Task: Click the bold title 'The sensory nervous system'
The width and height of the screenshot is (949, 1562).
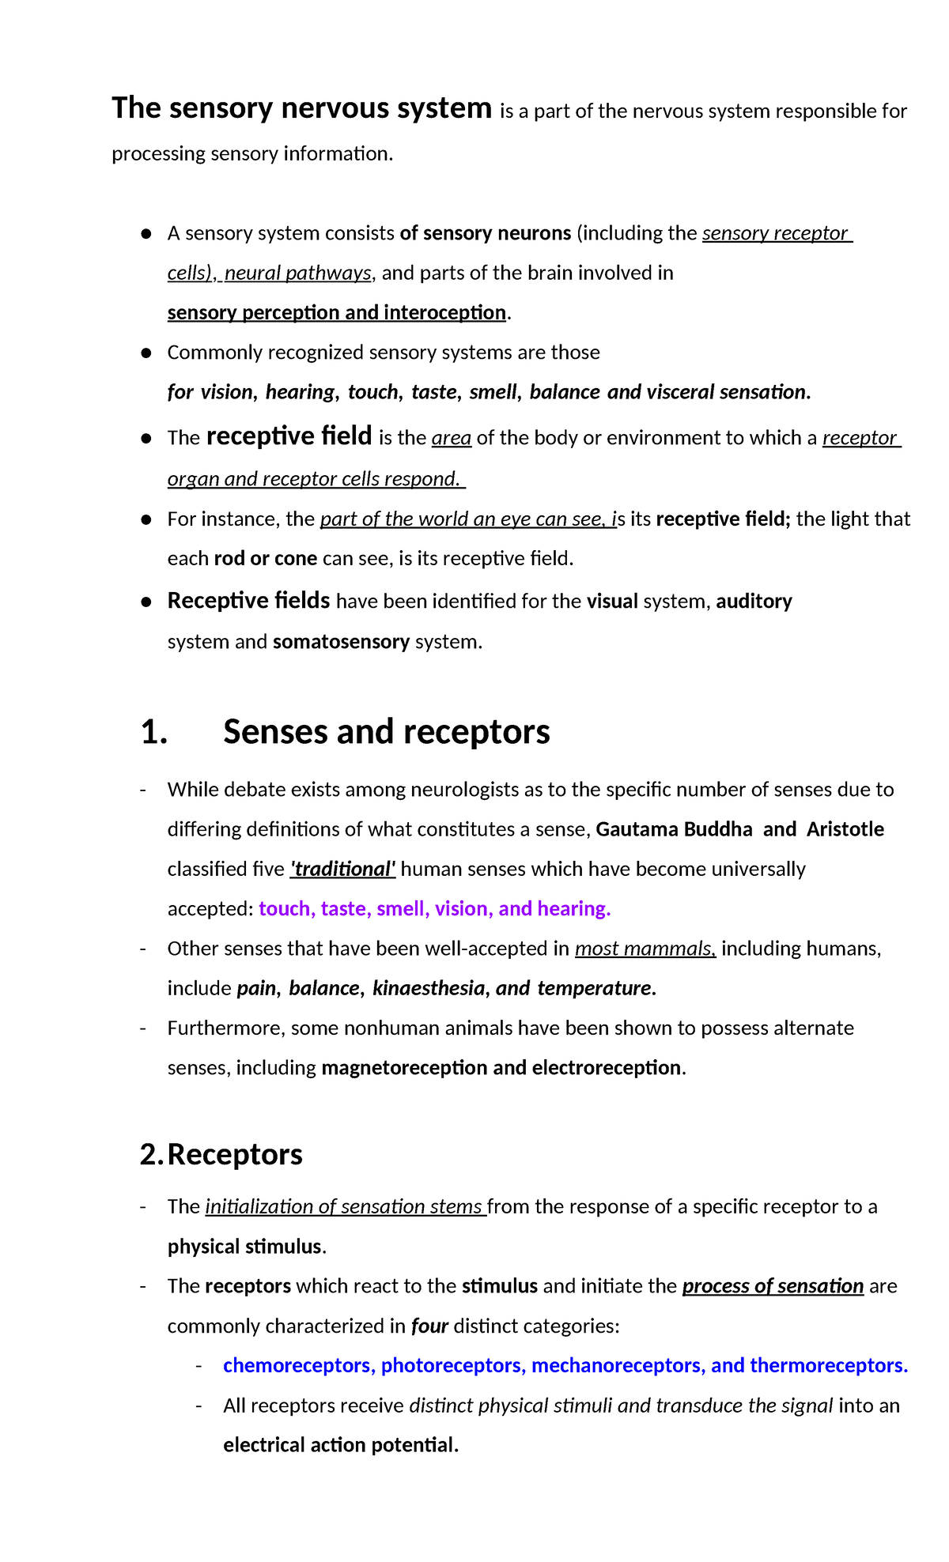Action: (301, 108)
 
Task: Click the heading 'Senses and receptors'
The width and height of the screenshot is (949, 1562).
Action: (386, 732)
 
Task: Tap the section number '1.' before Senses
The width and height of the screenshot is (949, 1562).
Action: (154, 733)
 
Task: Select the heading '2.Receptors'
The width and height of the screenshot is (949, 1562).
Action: (221, 1155)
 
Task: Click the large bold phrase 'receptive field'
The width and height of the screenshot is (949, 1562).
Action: (289, 436)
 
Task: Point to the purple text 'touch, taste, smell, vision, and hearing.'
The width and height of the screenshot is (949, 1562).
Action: (434, 909)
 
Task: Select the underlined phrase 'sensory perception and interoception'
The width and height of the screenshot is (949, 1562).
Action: (336, 313)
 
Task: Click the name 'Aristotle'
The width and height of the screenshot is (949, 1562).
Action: (845, 829)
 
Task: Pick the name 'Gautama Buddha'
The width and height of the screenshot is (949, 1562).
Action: (674, 829)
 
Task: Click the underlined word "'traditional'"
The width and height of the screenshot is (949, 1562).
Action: (342, 870)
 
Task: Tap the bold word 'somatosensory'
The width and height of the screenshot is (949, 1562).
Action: (341, 642)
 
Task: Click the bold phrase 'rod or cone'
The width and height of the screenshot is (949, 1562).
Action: (265, 559)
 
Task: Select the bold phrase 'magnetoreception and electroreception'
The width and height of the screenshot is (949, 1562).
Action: (501, 1068)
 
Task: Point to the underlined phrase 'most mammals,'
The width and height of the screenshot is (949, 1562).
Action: (645, 949)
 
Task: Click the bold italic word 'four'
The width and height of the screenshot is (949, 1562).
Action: (429, 1326)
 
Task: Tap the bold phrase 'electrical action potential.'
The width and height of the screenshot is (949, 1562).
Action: (341, 1446)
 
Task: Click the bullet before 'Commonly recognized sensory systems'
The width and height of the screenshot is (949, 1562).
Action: (146, 353)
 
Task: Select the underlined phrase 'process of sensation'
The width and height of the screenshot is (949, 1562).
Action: (772, 1286)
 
